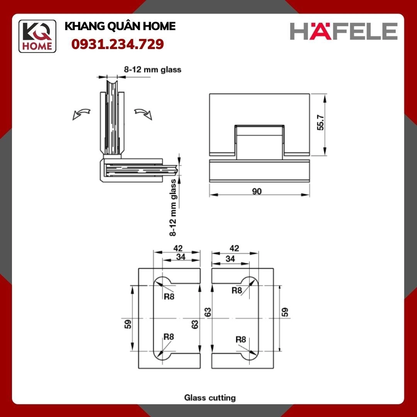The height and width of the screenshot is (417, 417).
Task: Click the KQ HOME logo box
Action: click(x=37, y=36)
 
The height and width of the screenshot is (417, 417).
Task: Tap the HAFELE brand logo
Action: click(x=344, y=31)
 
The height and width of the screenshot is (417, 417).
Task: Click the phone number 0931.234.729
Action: click(x=117, y=44)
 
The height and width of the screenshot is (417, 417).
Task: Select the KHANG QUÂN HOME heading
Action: click(x=120, y=26)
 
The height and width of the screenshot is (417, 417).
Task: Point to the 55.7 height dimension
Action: click(x=321, y=122)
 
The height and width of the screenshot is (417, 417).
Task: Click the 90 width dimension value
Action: click(x=257, y=191)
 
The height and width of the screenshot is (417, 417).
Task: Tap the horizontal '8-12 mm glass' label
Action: click(x=153, y=69)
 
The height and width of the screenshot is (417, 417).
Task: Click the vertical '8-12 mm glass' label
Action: click(x=173, y=207)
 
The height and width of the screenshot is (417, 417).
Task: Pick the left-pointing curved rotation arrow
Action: click(x=81, y=114)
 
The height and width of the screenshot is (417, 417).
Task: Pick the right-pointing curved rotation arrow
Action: click(x=143, y=114)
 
